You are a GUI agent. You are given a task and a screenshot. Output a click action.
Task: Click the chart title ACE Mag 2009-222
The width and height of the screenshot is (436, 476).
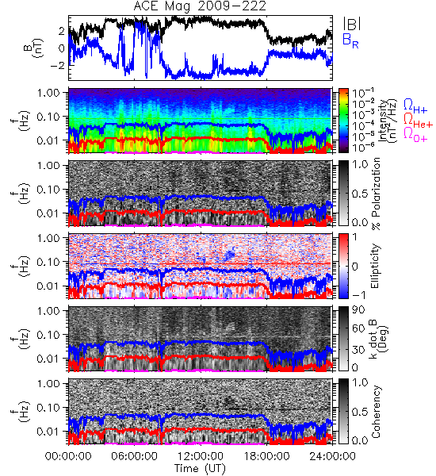200,6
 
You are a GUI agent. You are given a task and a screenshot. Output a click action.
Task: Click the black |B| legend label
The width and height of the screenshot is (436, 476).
352,24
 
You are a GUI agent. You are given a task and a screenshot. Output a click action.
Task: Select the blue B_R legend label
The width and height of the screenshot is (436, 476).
350,40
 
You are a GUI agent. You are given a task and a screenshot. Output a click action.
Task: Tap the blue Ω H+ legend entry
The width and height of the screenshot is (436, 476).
415,106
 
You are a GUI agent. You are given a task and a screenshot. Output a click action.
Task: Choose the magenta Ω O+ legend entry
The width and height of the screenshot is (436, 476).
415,135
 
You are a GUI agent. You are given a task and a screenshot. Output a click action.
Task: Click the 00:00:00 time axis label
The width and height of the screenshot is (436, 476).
68,456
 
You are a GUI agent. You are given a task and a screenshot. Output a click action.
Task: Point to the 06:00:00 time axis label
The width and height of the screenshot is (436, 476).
135,456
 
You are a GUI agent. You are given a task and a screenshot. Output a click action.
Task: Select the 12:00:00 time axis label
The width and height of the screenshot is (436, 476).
201,456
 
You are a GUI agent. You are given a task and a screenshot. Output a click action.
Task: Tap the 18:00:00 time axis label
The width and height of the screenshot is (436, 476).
266,456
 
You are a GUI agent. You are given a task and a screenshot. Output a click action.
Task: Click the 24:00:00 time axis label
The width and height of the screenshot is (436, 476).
332,456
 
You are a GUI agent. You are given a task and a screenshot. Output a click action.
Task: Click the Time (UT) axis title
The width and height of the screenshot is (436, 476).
200,468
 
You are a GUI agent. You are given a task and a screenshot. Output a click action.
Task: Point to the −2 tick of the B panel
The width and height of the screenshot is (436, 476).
58,65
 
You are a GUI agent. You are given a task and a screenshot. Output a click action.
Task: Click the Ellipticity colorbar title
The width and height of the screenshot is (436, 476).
375,267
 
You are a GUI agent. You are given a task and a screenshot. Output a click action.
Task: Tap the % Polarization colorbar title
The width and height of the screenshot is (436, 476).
376,194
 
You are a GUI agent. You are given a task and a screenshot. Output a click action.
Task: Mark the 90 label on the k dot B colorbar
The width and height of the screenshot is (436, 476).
358,310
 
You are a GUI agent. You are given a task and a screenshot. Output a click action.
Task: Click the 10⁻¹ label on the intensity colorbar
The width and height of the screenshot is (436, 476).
359,93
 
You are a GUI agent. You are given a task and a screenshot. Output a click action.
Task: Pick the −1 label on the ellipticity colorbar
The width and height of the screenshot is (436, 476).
359,295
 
